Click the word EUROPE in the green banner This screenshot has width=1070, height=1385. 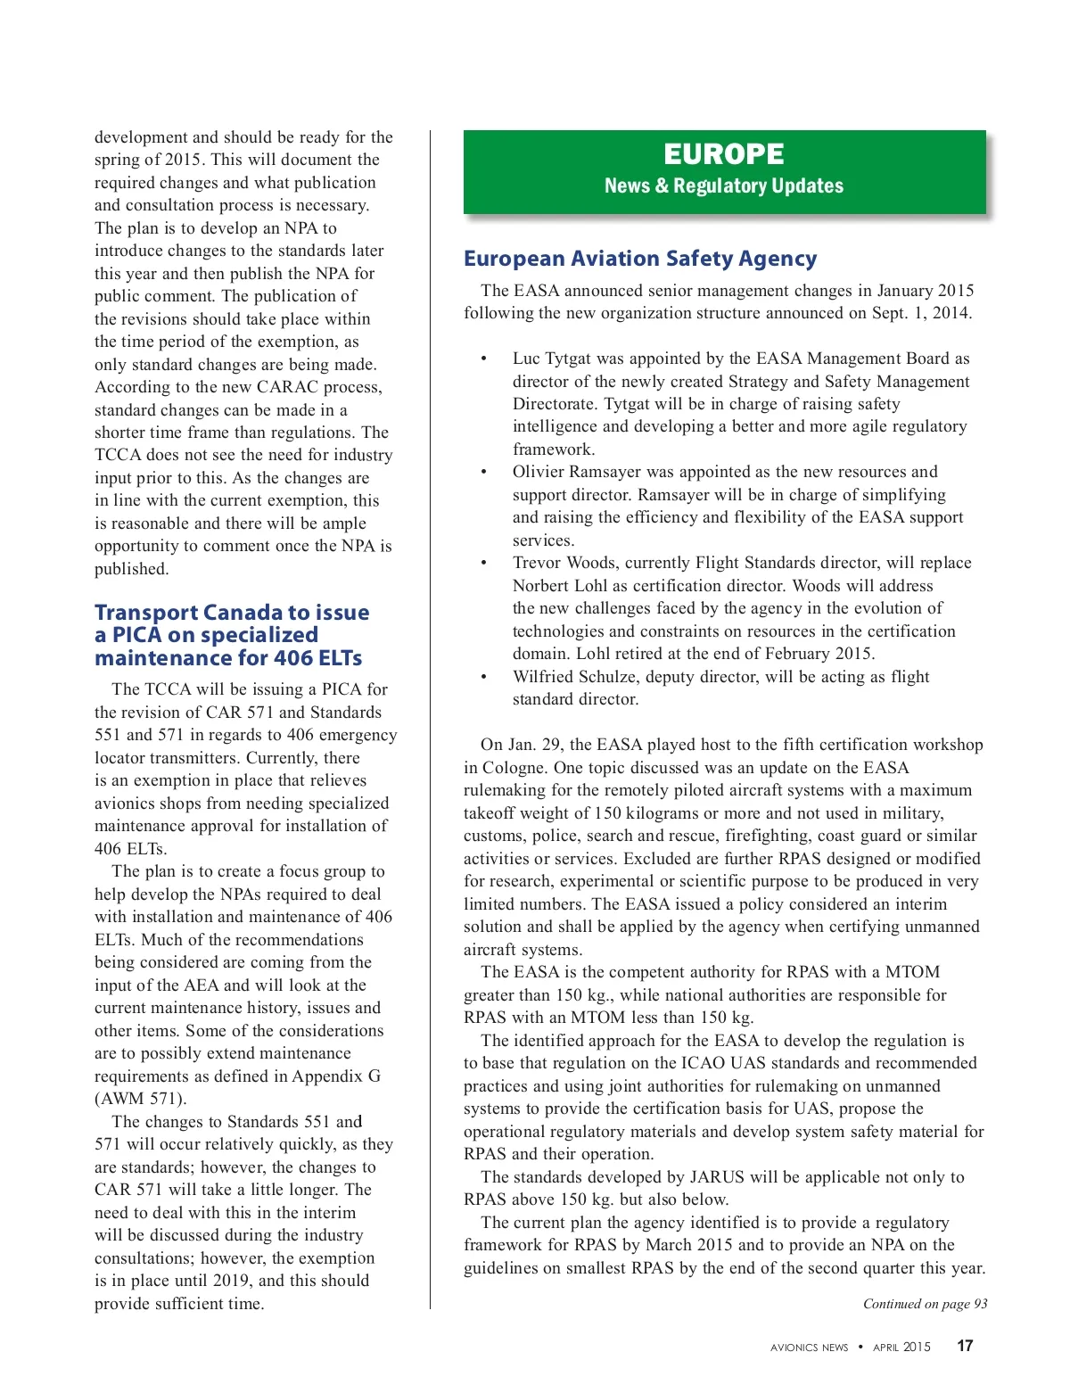(x=723, y=154)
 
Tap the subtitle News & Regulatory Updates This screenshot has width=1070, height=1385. (x=723, y=185)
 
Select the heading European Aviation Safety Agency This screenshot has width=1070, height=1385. (x=639, y=259)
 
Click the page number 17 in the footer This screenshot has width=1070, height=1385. (x=965, y=1346)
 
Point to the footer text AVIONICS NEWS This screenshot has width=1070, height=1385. (x=809, y=1348)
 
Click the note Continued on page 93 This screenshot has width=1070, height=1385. (x=925, y=1304)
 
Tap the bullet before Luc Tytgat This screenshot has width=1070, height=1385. (x=484, y=359)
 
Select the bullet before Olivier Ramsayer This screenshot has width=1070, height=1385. (x=484, y=472)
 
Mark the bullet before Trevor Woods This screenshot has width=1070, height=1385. (x=484, y=563)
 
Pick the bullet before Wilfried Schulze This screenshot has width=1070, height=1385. (x=484, y=677)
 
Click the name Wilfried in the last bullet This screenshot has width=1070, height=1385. (x=544, y=677)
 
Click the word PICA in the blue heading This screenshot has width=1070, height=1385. (x=138, y=635)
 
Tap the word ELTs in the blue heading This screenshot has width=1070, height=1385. (x=340, y=658)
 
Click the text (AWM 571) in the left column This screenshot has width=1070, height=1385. (x=141, y=1099)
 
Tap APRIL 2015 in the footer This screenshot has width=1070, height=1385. (x=901, y=1348)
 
